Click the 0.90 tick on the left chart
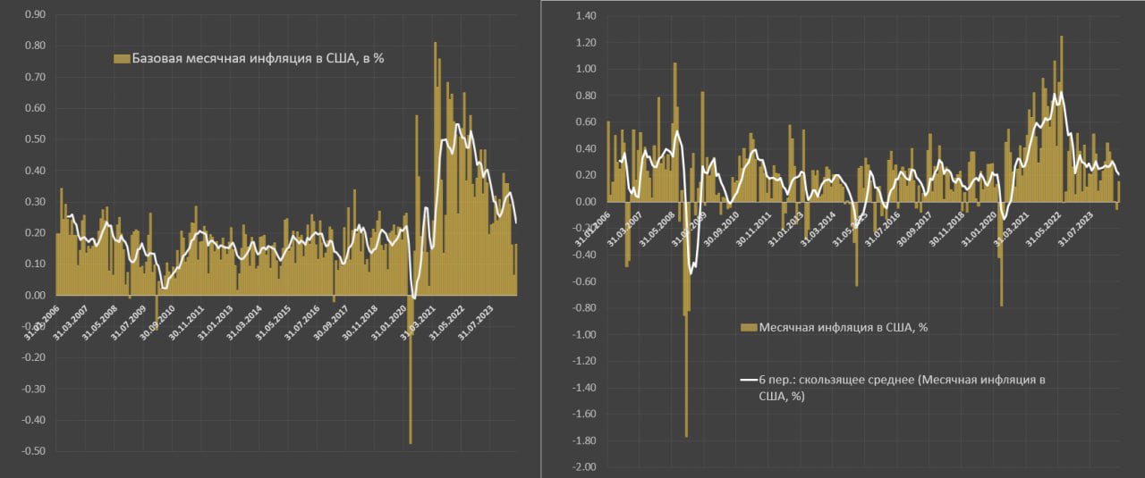click(35, 15)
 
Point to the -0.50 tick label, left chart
click(33, 451)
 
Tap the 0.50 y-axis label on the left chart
click(35, 139)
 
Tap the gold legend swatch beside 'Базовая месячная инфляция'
click(122, 59)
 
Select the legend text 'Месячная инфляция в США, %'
click(843, 327)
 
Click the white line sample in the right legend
click(749, 380)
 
